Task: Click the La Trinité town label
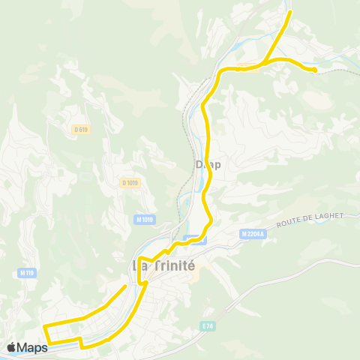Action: point(163,265)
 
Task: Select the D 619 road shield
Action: point(81,129)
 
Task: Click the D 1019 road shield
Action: point(130,182)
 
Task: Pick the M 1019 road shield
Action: point(145,219)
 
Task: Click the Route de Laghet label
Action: point(309,219)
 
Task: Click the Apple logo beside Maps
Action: point(12,347)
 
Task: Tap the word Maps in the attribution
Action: point(32,347)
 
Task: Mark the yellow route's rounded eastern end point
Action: point(314,70)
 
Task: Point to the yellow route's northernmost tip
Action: point(290,13)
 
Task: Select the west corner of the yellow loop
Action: point(44,327)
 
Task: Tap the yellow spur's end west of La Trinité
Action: point(124,286)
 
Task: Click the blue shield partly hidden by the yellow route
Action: point(195,239)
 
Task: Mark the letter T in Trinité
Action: point(157,265)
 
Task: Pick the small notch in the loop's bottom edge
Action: point(81,343)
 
